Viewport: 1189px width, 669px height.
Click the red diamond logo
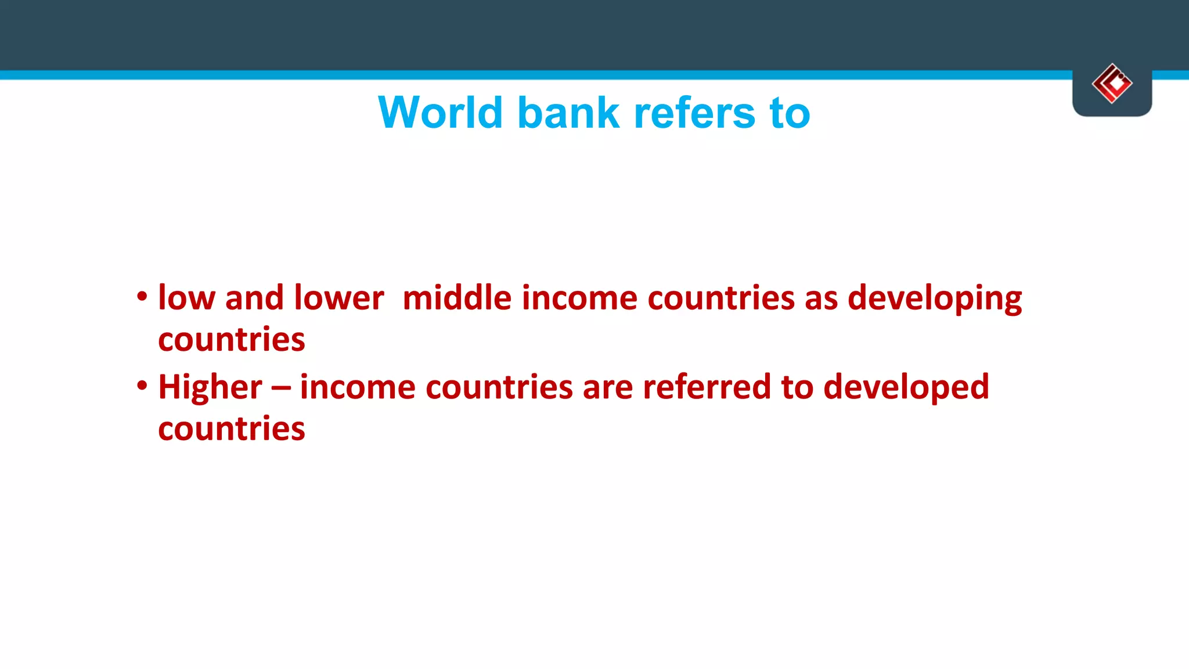(1112, 84)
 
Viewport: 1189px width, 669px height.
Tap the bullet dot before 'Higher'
(142, 386)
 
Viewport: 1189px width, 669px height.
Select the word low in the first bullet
(186, 298)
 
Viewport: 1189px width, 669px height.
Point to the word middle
(457, 298)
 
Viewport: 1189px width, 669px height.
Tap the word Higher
(210, 388)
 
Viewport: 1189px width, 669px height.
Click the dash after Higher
(280, 388)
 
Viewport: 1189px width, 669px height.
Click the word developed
(906, 388)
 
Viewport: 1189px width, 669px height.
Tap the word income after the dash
(358, 387)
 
